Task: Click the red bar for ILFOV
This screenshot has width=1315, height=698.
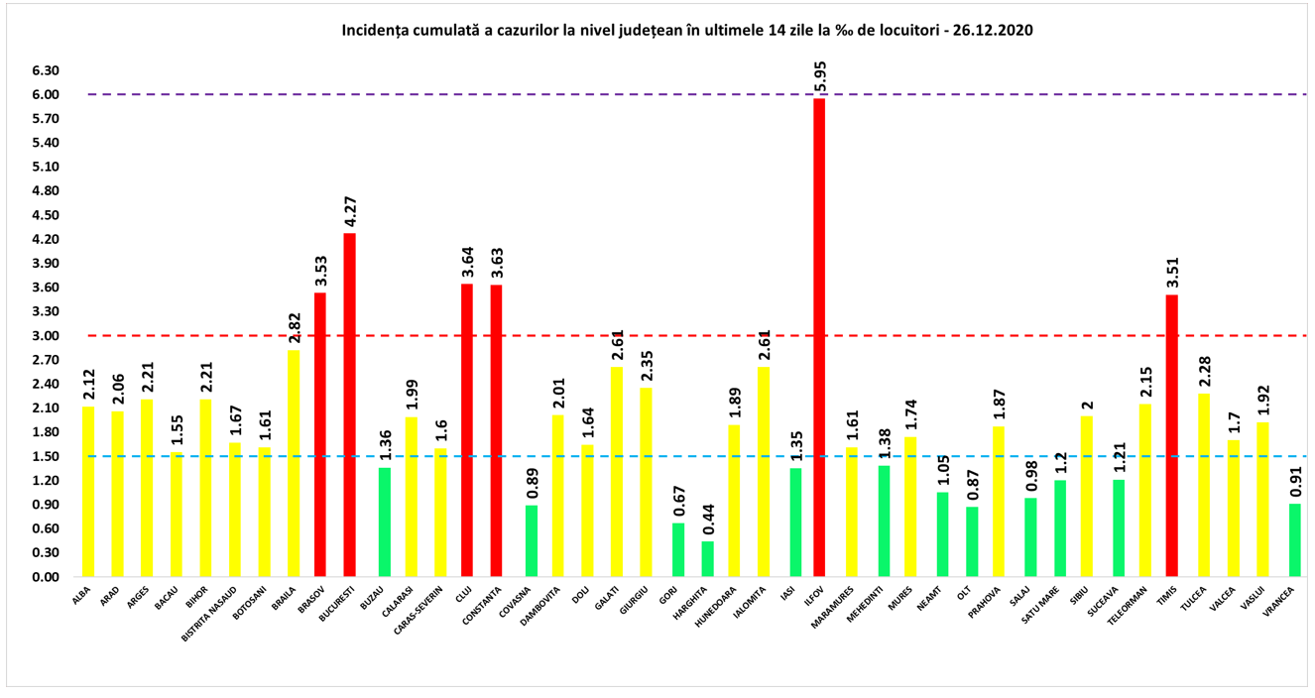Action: pyautogui.click(x=819, y=337)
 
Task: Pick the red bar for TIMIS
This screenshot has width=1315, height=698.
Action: pyautogui.click(x=1171, y=435)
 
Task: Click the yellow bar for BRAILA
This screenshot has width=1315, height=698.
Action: pyautogui.click(x=294, y=463)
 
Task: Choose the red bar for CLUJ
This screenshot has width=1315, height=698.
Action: pyautogui.click(x=467, y=430)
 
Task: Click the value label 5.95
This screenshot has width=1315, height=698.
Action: pyautogui.click(x=820, y=76)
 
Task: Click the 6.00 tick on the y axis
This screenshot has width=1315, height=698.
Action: pyautogui.click(x=46, y=95)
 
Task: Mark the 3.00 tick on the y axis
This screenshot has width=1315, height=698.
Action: pyautogui.click(x=46, y=336)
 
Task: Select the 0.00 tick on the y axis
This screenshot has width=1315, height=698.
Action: pyautogui.click(x=46, y=577)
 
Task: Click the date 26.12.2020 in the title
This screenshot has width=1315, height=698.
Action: pyautogui.click(x=988, y=30)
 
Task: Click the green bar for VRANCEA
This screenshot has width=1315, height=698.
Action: pyautogui.click(x=1295, y=540)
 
